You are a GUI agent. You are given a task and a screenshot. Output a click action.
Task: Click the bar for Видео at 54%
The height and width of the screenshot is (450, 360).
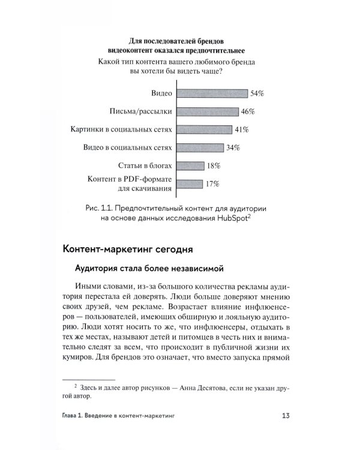(211, 94)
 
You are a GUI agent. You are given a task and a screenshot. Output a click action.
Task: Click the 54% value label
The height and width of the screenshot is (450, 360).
(257, 94)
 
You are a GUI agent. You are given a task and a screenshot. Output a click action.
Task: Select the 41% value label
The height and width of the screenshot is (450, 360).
(242, 130)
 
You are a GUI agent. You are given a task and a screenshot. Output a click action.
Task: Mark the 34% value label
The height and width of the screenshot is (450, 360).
(233, 148)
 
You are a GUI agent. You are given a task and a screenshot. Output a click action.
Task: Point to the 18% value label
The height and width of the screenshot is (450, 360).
(214, 166)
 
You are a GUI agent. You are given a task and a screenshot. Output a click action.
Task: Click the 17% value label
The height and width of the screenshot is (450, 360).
(212, 184)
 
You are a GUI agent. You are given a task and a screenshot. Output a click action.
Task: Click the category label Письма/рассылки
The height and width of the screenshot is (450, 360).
(141, 112)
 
